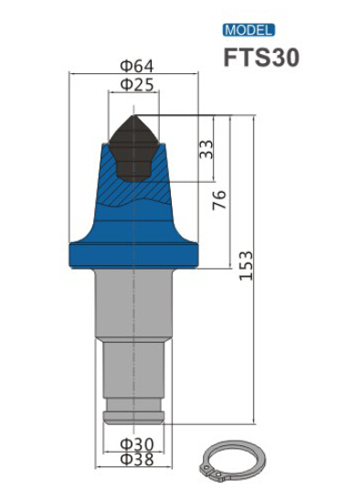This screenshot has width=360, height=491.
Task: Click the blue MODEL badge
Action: click(x=249, y=30)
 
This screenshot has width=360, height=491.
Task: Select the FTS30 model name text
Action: click(x=261, y=58)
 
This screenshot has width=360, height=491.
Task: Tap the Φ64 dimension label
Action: click(x=137, y=67)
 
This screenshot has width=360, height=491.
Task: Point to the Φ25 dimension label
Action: click(x=137, y=84)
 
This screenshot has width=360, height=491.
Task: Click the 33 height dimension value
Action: click(x=206, y=149)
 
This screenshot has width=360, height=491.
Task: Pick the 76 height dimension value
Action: click(x=219, y=200)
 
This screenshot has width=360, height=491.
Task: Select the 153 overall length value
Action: click(x=246, y=265)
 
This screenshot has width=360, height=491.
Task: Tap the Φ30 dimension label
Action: click(x=137, y=444)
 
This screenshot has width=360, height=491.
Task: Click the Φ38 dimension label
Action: click(x=137, y=459)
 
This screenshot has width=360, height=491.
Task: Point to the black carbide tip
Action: click(x=133, y=148)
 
